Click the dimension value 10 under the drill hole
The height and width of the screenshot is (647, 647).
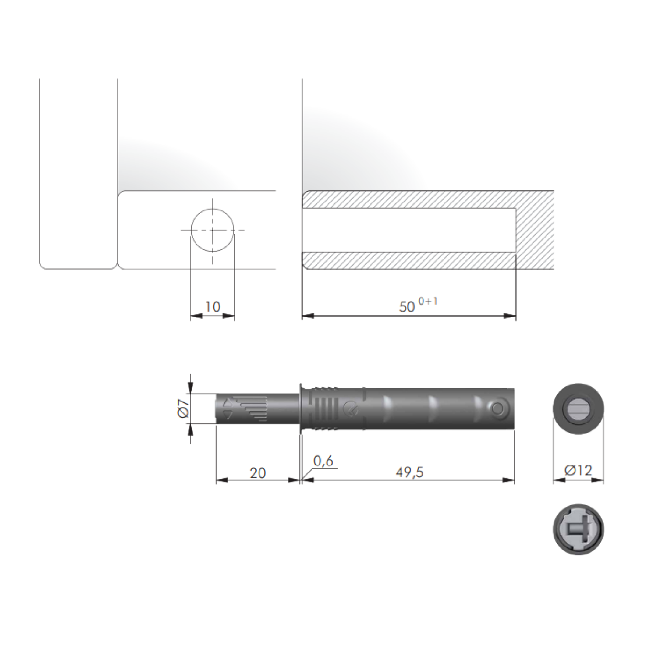213,307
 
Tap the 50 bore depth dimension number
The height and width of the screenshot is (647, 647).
407,307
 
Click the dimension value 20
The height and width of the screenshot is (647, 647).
258,473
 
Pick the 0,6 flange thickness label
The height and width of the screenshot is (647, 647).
323,461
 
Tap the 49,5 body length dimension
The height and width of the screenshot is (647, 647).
410,473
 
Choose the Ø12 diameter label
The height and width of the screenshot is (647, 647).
578,471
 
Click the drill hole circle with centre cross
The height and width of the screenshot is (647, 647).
212,230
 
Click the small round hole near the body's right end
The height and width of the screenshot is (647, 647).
498,409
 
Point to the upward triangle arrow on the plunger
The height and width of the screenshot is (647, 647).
227,402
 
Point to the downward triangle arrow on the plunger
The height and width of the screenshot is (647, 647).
227,415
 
